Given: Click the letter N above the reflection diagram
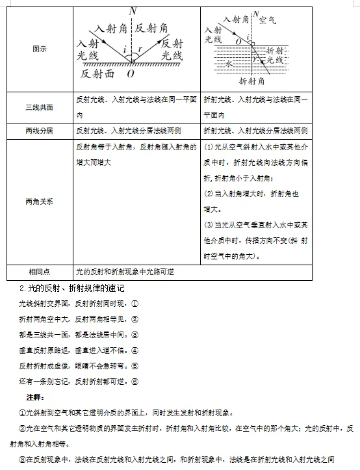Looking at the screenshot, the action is click(133, 11).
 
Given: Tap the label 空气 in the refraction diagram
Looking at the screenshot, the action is click(267, 20).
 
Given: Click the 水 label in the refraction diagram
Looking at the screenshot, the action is click(228, 64).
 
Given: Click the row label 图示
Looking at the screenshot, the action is click(39, 49).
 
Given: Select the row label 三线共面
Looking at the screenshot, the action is click(39, 107).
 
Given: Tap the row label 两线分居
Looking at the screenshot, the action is click(39, 130).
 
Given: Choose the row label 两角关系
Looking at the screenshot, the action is click(39, 201).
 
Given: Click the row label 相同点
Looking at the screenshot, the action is click(39, 272).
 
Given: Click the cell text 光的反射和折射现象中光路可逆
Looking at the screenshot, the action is click(125, 272).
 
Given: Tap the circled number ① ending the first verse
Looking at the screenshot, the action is click(135, 304).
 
